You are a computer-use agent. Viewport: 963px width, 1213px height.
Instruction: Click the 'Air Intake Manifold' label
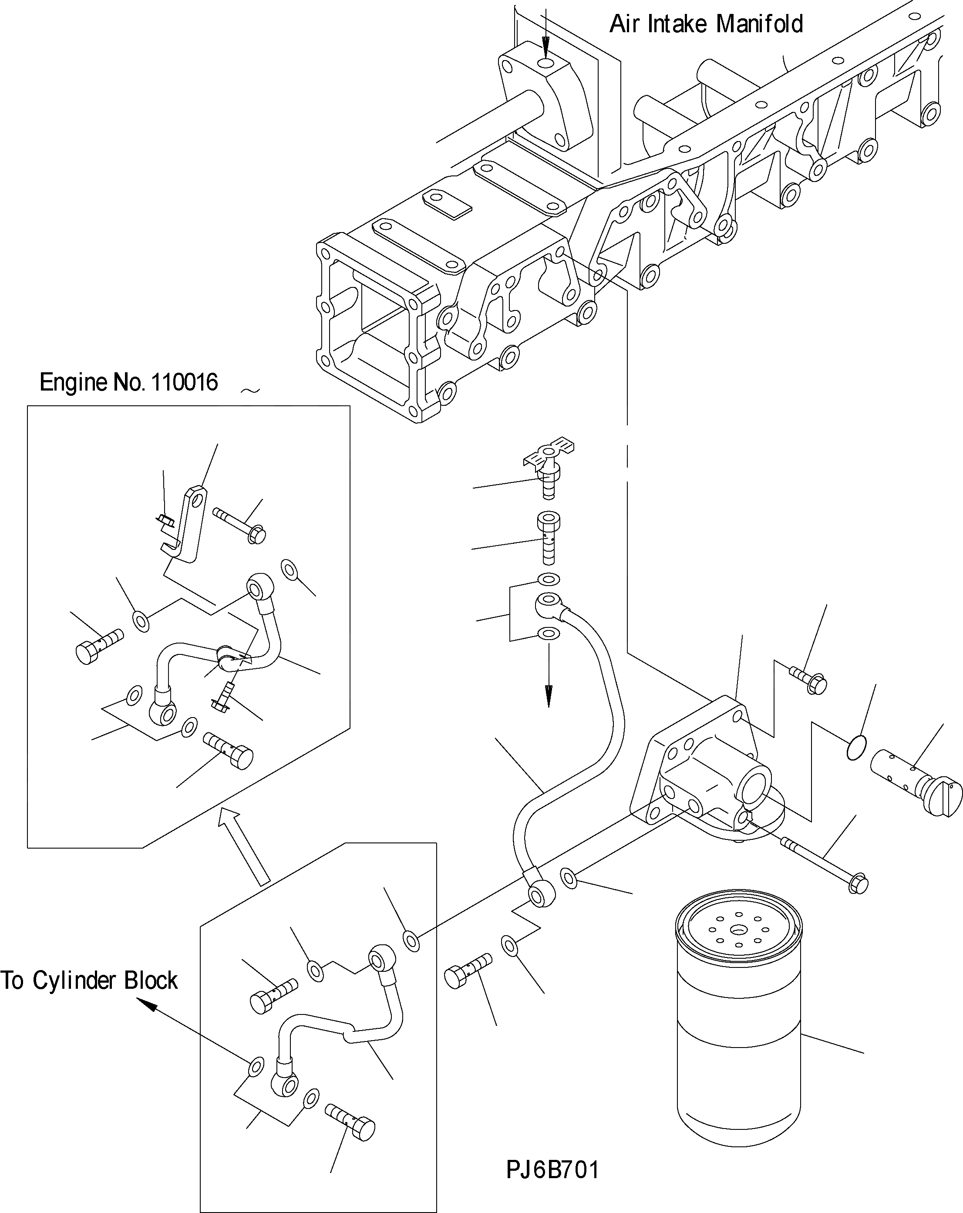pyautogui.click(x=706, y=25)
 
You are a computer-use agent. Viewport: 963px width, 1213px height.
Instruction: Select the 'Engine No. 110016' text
pyautogui.click(x=128, y=383)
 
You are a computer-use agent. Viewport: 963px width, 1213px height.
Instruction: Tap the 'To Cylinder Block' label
pyautogui.click(x=89, y=980)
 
